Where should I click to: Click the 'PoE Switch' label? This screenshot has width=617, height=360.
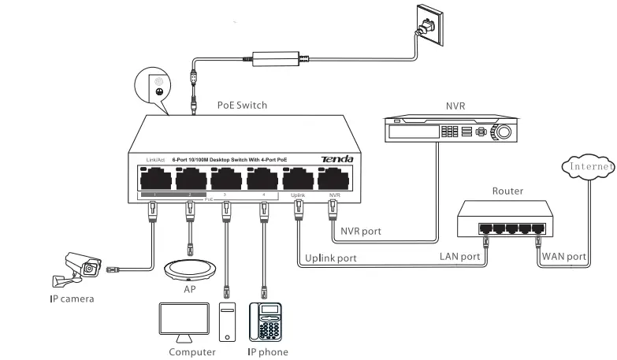tap(242, 105)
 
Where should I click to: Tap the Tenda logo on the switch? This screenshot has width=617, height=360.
tap(336, 160)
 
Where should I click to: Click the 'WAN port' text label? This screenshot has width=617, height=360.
tap(564, 257)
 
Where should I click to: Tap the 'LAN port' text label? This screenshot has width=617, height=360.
tap(459, 257)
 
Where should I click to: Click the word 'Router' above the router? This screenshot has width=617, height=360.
tap(507, 191)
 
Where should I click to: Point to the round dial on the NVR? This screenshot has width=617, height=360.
tap(502, 131)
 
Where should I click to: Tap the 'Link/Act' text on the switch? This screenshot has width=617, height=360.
tap(155, 161)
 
